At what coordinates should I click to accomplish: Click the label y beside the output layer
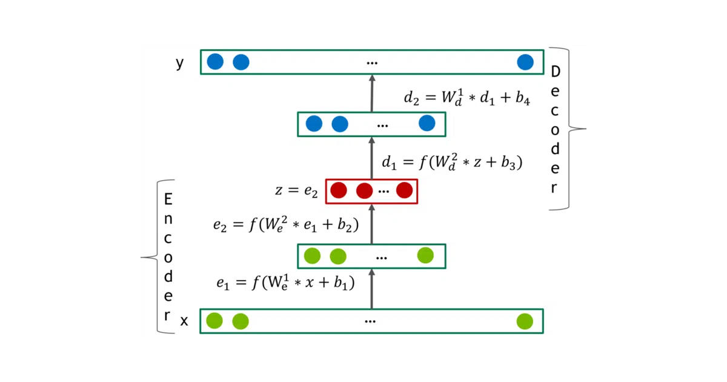click(x=179, y=63)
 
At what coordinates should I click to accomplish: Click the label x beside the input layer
click(x=184, y=321)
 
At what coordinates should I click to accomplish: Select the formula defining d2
click(x=466, y=97)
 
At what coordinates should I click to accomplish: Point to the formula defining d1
click(x=452, y=162)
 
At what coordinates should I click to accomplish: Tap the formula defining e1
click(x=285, y=283)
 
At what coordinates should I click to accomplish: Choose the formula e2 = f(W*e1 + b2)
click(x=286, y=225)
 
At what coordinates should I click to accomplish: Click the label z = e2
click(x=296, y=190)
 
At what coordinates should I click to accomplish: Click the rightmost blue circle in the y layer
click(x=525, y=62)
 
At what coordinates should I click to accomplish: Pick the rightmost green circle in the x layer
click(x=525, y=321)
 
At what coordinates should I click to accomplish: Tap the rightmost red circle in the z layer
click(x=405, y=190)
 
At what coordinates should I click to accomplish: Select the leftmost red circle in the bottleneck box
click(x=339, y=190)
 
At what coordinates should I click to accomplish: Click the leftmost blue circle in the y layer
click(x=215, y=62)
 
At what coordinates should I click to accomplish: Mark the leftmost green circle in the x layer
click(x=214, y=321)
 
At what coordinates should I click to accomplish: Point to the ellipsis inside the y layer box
click(x=372, y=63)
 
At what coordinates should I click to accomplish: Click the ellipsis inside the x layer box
click(x=370, y=322)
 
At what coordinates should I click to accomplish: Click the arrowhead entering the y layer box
click(x=372, y=78)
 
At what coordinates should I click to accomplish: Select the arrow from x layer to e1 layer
click(x=372, y=289)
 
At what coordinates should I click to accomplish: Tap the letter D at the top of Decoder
click(x=556, y=72)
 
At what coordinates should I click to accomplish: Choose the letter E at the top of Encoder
click(x=168, y=199)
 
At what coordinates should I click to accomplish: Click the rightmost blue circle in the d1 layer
click(x=427, y=123)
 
